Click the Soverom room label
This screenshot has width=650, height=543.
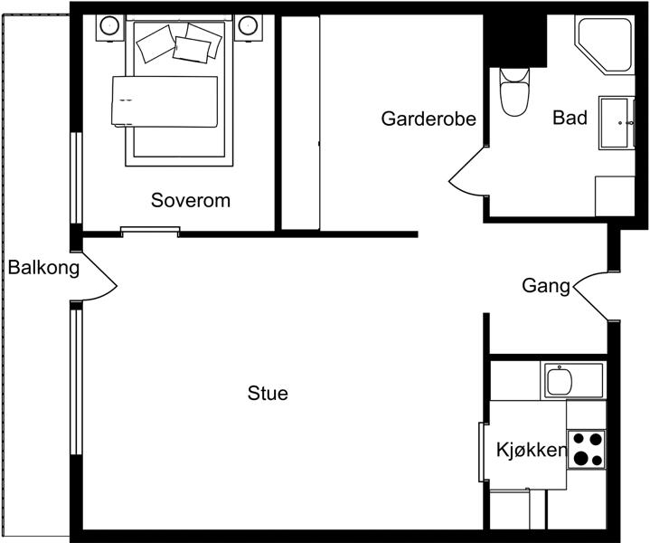click(191, 201)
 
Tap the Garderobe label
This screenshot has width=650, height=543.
click(429, 119)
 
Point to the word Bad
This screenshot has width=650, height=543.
click(570, 118)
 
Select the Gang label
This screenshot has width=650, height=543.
click(546, 287)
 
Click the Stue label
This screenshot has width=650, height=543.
click(268, 393)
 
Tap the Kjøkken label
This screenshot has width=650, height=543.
click(532, 450)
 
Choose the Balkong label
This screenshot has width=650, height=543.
click(43, 268)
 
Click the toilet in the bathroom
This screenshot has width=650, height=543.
click(514, 92)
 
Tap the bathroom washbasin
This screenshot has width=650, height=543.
click(617, 123)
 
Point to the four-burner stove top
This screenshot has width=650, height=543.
click(587, 450)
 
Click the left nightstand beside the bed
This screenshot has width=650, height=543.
click(110, 28)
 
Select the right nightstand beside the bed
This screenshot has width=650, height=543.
click(249, 28)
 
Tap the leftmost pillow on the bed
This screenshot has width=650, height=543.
click(155, 43)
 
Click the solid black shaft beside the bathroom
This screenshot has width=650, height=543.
click(515, 40)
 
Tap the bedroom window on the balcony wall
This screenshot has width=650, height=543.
click(76, 177)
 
